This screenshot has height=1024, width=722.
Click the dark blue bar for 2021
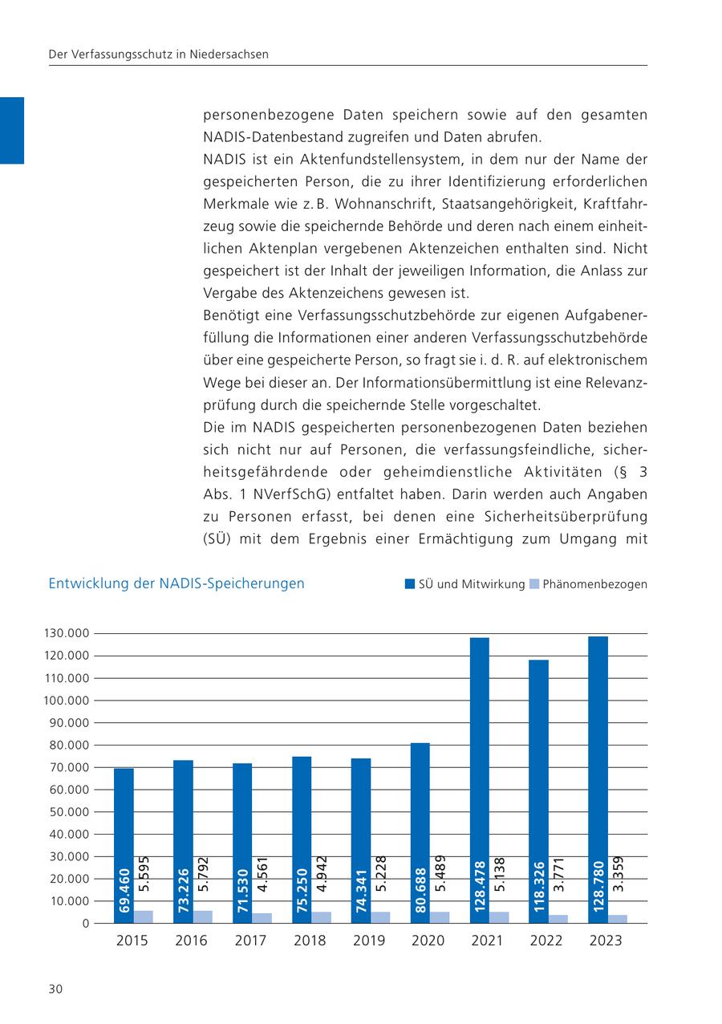click(480, 778)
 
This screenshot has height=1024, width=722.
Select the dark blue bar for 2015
click(124, 843)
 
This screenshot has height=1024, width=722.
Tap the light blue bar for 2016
click(203, 916)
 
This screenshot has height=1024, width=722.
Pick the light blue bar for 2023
click(618, 919)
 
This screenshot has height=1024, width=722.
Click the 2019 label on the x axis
click(369, 941)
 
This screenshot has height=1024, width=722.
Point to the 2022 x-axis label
click(546, 941)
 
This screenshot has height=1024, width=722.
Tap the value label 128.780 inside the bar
click(598, 888)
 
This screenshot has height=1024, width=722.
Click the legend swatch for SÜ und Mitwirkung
click(409, 584)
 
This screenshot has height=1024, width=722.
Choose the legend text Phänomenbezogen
click(594, 584)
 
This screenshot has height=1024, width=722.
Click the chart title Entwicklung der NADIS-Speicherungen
click(176, 583)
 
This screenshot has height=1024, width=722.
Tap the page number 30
click(55, 989)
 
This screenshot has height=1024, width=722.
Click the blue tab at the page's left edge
click(12, 130)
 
